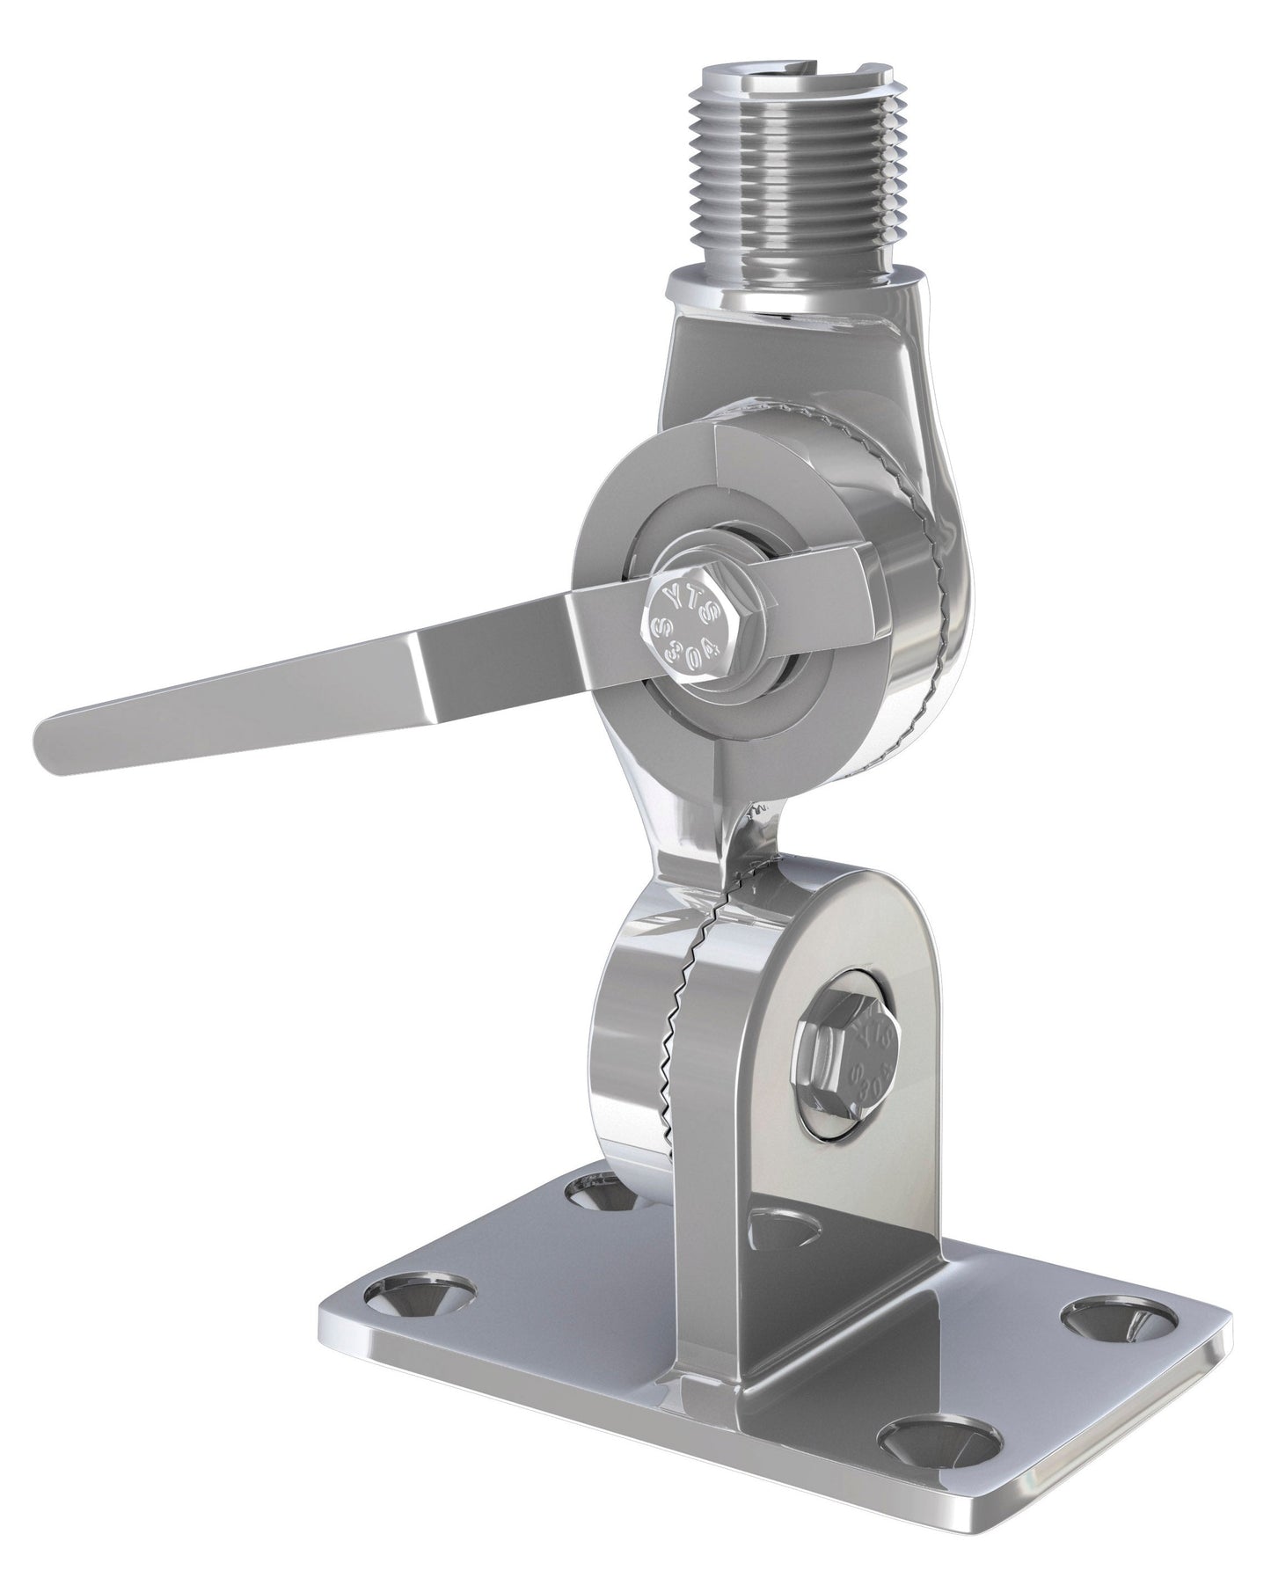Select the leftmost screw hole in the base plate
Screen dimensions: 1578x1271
422,1292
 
